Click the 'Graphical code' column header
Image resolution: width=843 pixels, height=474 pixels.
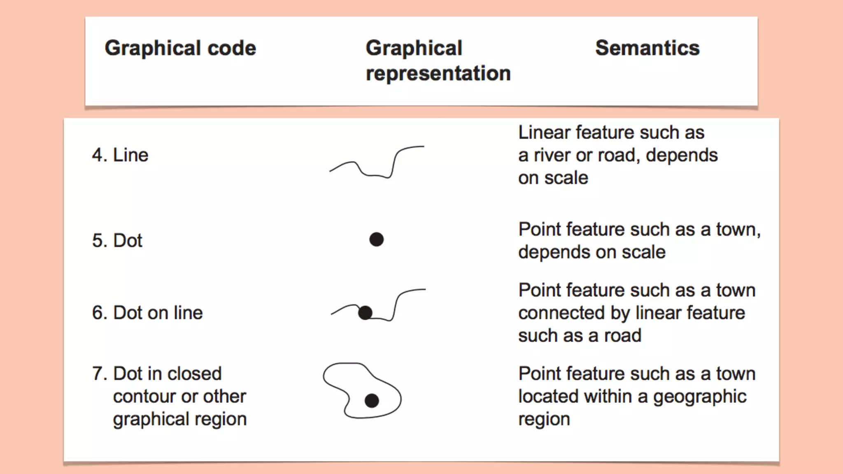pyautogui.click(x=180, y=48)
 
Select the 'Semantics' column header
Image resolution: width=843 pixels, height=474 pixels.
pyautogui.click(x=647, y=48)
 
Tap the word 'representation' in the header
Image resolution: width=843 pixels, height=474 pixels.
pyautogui.click(x=438, y=74)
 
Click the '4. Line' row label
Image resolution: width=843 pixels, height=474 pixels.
pyautogui.click(x=120, y=156)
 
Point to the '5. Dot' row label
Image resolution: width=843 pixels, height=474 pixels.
pyautogui.click(x=117, y=241)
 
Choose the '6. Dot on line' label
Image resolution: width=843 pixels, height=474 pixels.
pyautogui.click(x=147, y=313)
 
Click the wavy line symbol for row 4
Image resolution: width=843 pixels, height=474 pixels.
pyautogui.click(x=377, y=165)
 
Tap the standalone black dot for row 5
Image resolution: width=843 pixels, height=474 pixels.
pyautogui.click(x=376, y=239)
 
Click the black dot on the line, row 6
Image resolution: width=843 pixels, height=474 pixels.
pyautogui.click(x=365, y=313)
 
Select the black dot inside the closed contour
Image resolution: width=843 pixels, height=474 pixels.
pyautogui.click(x=372, y=401)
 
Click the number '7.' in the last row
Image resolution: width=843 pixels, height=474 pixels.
pyautogui.click(x=100, y=374)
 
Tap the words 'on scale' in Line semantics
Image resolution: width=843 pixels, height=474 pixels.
pyautogui.click(x=553, y=178)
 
